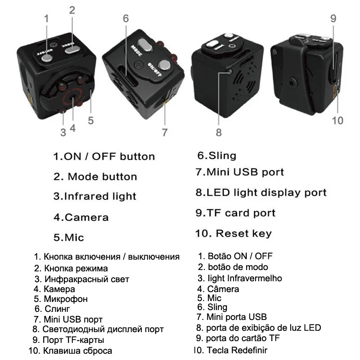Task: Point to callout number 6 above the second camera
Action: coord(126,18)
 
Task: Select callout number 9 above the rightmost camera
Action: coord(333,18)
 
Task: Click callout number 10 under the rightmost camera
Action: coord(337,120)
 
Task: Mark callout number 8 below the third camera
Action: coord(219,132)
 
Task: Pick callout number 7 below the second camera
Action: coord(165,132)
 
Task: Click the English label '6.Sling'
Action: coord(216,156)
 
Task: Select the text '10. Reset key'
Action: coord(233,234)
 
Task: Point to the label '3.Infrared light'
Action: coord(94,197)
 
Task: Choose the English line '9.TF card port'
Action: coord(235,213)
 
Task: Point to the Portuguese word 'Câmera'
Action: coord(223,289)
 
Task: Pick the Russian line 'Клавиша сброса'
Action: coord(77,350)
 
